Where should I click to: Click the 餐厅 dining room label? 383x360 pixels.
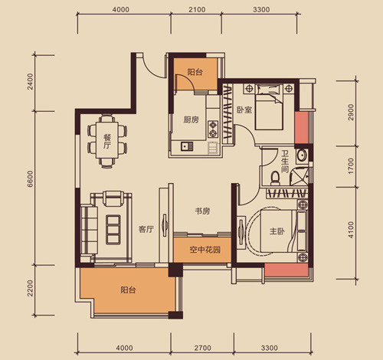pos(107,142)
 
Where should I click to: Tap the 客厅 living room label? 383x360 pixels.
pos(146,229)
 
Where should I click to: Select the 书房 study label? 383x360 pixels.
pos(202,211)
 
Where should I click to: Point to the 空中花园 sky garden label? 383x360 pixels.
pos(205,250)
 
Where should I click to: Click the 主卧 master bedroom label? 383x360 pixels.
pos(277,231)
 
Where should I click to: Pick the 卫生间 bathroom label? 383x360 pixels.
pos(285,161)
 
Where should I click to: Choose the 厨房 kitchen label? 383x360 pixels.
pos(191,119)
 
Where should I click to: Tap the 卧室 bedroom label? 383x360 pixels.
pos(244,110)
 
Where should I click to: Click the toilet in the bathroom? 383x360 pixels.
pos(275,178)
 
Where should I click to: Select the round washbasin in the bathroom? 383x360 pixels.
pos(302,155)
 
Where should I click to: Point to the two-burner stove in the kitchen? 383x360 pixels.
pos(213,129)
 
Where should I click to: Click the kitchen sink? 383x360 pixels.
pos(187,146)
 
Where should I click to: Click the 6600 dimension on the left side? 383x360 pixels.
pos(30,178)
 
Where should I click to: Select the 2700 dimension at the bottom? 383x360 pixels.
pos(203,348)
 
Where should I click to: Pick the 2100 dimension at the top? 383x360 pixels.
pos(197,10)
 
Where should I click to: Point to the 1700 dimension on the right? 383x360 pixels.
pos(351,166)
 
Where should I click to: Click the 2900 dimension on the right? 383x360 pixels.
pos(352,113)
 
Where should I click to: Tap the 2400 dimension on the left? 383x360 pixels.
pos(30,81)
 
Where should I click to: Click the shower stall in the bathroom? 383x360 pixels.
pos(299,175)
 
